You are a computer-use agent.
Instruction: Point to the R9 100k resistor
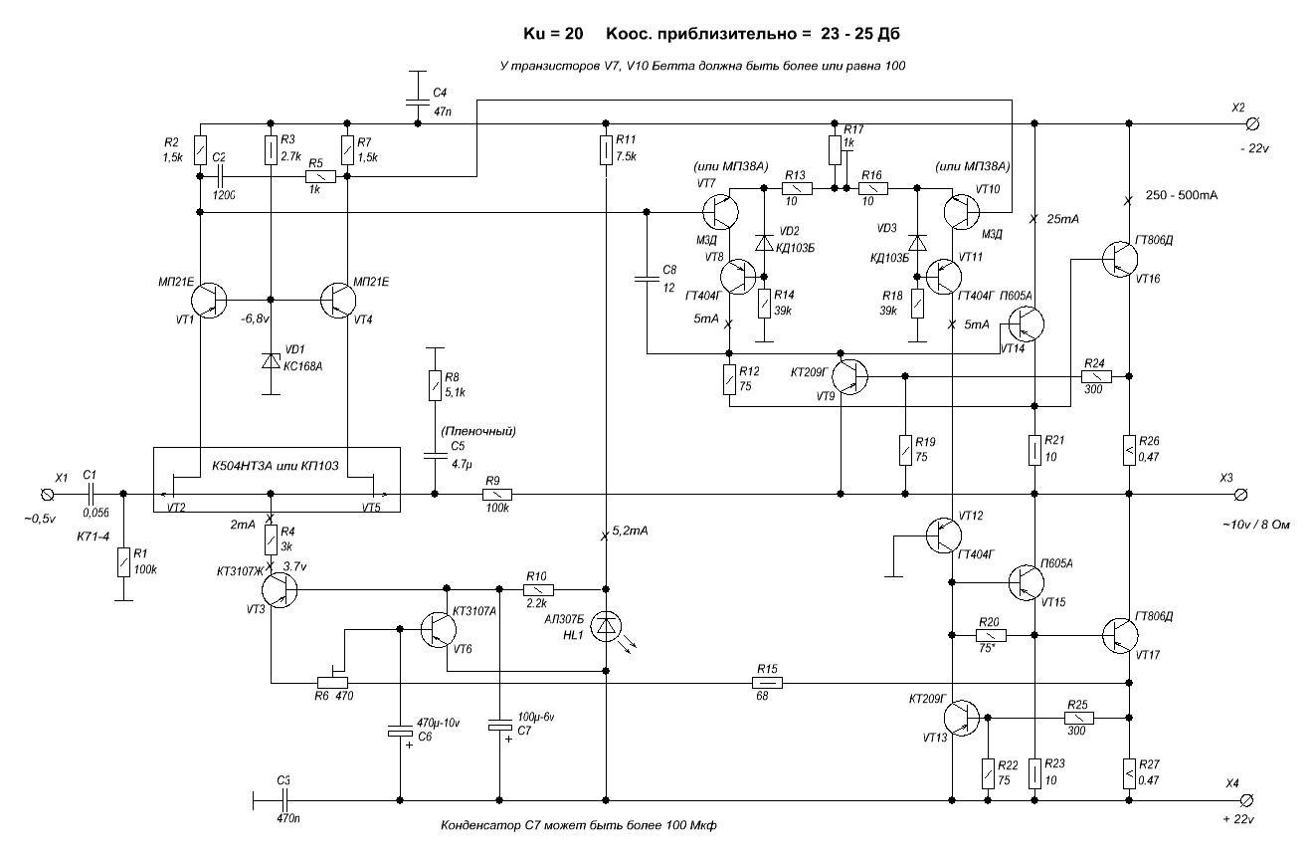click(497, 494)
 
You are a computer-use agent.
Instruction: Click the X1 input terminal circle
click(46, 494)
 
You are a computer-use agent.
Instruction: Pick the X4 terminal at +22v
click(1250, 799)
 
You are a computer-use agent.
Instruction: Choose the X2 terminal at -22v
click(1251, 123)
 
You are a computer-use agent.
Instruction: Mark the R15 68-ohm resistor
click(767, 683)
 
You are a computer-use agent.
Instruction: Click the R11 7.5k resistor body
click(607, 150)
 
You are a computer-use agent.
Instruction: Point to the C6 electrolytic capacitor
click(401, 733)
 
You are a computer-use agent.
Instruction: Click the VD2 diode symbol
click(764, 244)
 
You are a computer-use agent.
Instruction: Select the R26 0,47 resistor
click(1129, 449)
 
